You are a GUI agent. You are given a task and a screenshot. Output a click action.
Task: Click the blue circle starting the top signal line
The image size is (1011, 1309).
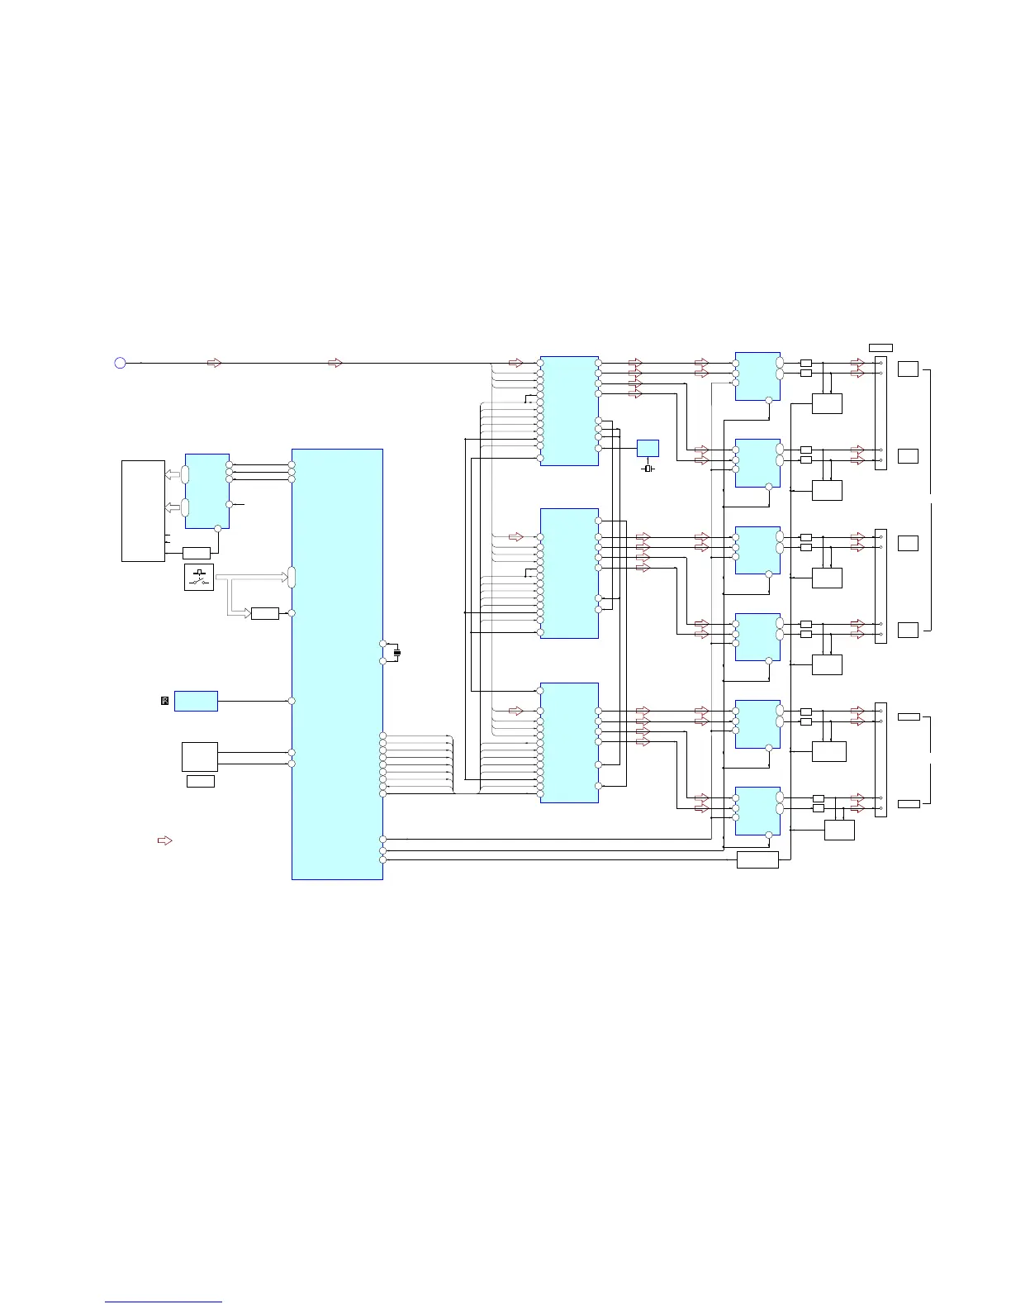point(120,363)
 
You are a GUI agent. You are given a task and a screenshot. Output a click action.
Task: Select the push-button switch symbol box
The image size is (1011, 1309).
point(199,577)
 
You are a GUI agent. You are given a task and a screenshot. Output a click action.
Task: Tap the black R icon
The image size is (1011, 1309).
point(164,701)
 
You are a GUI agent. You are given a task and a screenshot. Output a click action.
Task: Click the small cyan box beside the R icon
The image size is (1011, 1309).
point(196,701)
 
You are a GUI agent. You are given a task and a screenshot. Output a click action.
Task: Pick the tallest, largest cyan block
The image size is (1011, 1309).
point(337,664)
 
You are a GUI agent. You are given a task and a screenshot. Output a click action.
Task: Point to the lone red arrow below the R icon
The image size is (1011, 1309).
point(164,840)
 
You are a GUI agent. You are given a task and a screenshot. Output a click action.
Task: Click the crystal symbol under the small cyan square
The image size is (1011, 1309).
point(648,469)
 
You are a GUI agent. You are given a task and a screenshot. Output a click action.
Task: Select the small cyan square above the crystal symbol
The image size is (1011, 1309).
point(648,449)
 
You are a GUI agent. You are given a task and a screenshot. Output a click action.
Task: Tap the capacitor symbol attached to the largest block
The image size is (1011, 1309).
point(397,653)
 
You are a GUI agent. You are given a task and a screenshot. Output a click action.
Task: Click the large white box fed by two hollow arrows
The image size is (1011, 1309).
point(143,511)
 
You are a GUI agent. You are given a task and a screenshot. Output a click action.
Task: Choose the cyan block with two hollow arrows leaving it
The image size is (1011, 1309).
point(206,491)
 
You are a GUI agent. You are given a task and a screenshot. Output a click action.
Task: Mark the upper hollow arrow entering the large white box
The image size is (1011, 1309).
point(173,474)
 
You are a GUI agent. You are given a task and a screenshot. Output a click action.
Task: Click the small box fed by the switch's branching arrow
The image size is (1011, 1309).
point(264,613)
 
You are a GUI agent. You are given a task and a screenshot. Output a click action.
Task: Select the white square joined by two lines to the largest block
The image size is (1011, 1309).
point(199,756)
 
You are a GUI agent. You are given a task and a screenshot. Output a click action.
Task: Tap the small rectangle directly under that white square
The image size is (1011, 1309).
point(200,781)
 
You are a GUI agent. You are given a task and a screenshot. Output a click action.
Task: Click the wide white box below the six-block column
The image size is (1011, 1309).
point(757,860)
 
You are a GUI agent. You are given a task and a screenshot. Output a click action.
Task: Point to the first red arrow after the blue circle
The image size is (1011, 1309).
point(214,363)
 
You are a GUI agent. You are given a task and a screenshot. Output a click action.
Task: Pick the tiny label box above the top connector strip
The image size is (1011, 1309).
point(880,347)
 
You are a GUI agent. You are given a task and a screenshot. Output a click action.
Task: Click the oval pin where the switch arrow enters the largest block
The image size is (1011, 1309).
point(292,577)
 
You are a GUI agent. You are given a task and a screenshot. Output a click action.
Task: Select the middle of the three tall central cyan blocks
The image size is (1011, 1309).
point(569,573)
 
